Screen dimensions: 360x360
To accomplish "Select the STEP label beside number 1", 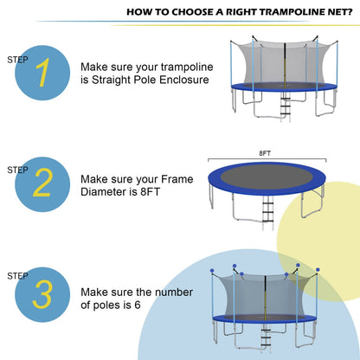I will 17,60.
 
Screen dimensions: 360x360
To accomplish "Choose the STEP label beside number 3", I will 17,275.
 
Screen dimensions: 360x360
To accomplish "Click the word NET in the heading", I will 333,14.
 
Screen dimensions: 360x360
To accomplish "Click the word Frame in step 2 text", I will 178,177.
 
